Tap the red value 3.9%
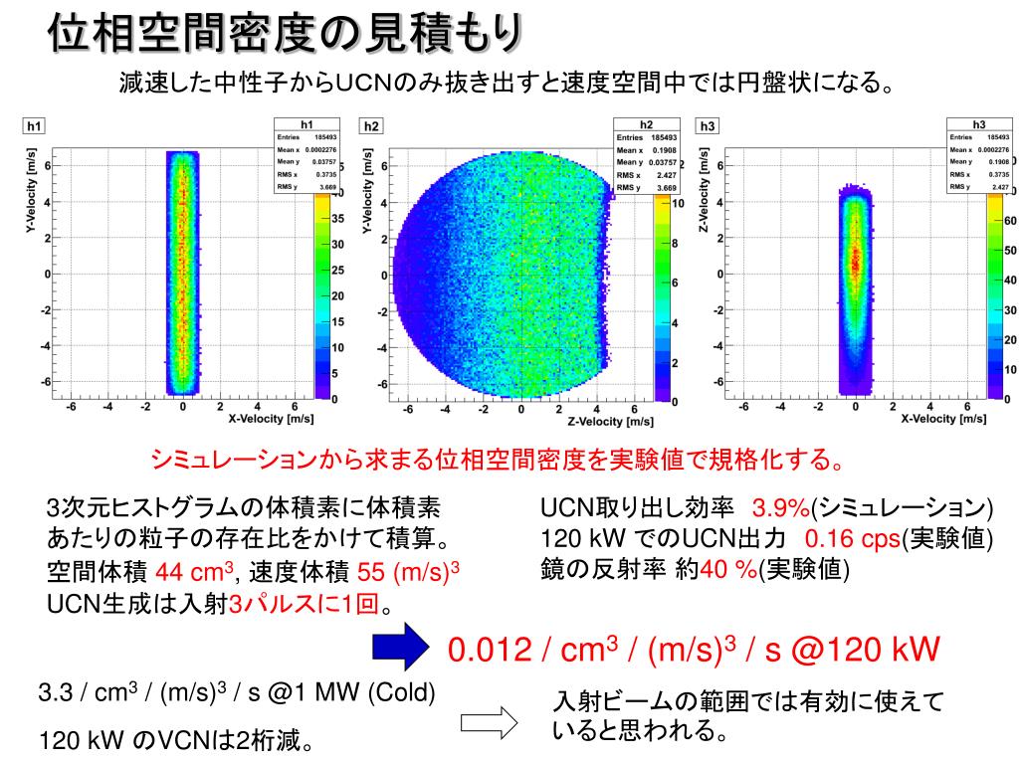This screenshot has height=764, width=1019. [x=781, y=508]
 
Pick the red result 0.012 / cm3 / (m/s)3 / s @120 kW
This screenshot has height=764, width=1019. [x=694, y=651]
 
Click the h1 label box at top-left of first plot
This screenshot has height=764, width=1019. [x=34, y=126]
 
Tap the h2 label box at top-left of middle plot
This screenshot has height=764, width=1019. [x=370, y=126]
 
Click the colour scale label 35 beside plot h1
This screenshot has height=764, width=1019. [x=337, y=218]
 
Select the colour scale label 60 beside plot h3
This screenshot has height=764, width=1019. [x=1010, y=221]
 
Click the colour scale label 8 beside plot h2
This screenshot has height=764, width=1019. [x=674, y=243]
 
